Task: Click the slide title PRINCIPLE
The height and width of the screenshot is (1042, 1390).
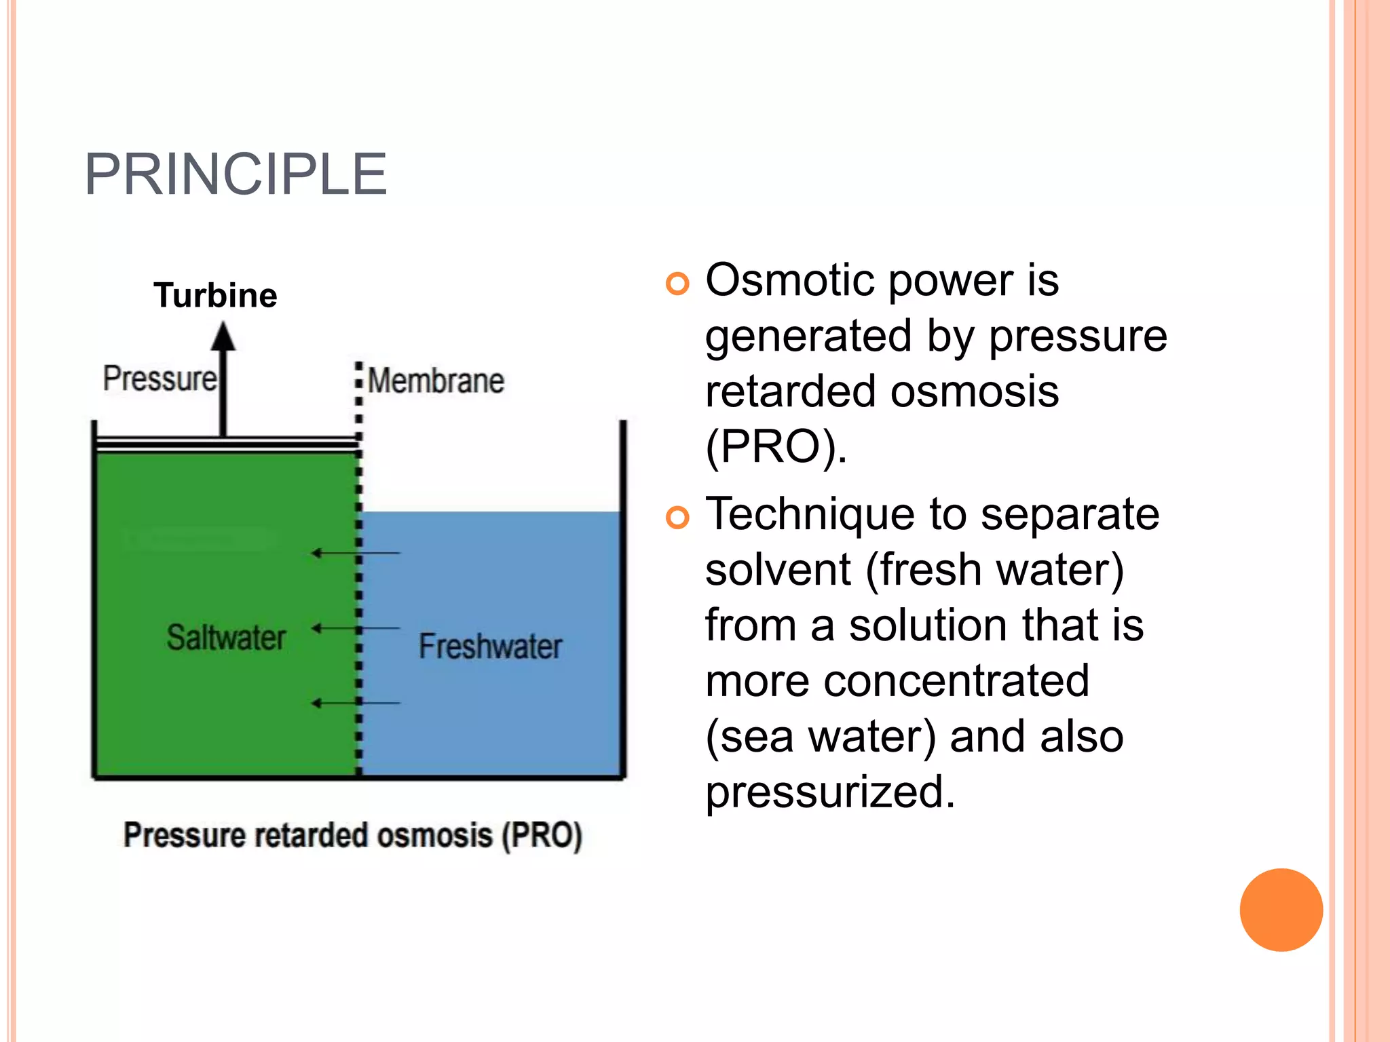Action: click(x=236, y=175)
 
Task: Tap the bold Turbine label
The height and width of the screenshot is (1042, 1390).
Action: click(x=215, y=296)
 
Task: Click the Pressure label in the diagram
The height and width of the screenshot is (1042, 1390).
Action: click(x=159, y=379)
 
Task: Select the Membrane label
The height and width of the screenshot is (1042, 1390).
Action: click(x=436, y=381)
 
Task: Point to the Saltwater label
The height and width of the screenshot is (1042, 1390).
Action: click(x=226, y=638)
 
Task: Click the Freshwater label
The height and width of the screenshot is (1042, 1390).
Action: click(x=490, y=646)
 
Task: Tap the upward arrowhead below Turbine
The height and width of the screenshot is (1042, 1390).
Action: click(x=223, y=337)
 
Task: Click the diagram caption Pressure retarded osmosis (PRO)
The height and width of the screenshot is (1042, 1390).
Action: click(x=353, y=835)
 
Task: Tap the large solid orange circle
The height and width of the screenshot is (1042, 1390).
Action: click(x=1281, y=910)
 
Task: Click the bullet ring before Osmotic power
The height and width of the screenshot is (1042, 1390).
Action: click(x=677, y=283)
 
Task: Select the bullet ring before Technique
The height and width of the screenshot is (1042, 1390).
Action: click(x=677, y=518)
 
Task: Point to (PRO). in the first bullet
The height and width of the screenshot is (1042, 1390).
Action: click(x=776, y=447)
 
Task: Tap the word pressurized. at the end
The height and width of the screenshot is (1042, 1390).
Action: click(x=830, y=792)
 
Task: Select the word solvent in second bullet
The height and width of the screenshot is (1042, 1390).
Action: click(x=777, y=569)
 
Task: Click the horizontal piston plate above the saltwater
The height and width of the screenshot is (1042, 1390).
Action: click(x=226, y=444)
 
